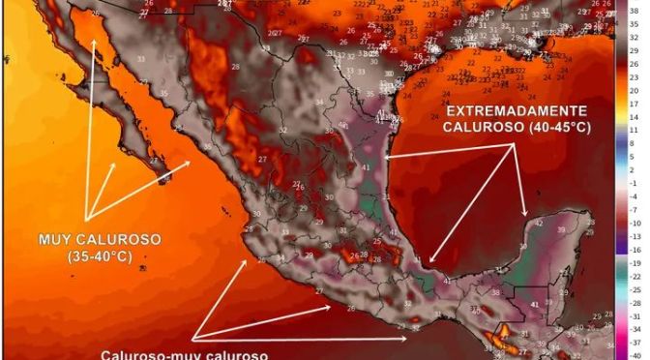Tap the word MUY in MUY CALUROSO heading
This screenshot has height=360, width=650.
(x=55, y=239)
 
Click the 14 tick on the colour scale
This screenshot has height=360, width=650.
(x=637, y=115)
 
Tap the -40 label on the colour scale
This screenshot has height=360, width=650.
(x=637, y=354)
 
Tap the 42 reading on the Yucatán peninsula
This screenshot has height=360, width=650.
(x=539, y=225)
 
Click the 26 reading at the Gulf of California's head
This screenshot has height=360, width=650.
(x=93, y=15)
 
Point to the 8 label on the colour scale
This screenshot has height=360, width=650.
(x=637, y=141)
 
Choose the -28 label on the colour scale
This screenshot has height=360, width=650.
(x=637, y=301)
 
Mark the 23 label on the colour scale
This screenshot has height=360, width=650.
(x=637, y=75)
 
